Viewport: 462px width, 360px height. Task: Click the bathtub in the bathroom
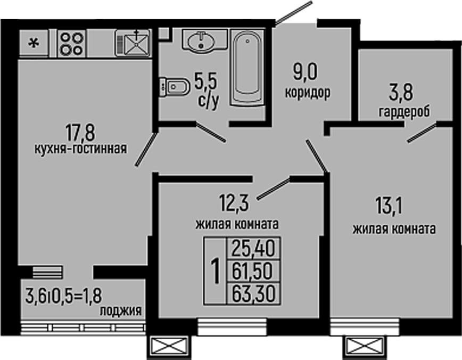pyautogui.click(x=247, y=69)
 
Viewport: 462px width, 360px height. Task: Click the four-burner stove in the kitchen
pyautogui.click(x=72, y=43)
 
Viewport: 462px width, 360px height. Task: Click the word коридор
pyautogui.click(x=308, y=92)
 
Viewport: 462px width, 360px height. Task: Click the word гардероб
pyautogui.click(x=404, y=112)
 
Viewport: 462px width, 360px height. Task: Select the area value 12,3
pyautogui.click(x=235, y=203)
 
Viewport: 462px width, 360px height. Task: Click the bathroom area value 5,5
pyautogui.click(x=207, y=83)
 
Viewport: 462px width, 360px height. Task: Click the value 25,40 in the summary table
pyautogui.click(x=253, y=248)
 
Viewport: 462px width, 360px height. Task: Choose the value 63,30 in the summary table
pyautogui.click(x=253, y=293)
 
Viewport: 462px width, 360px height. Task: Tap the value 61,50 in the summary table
pyautogui.click(x=253, y=271)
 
